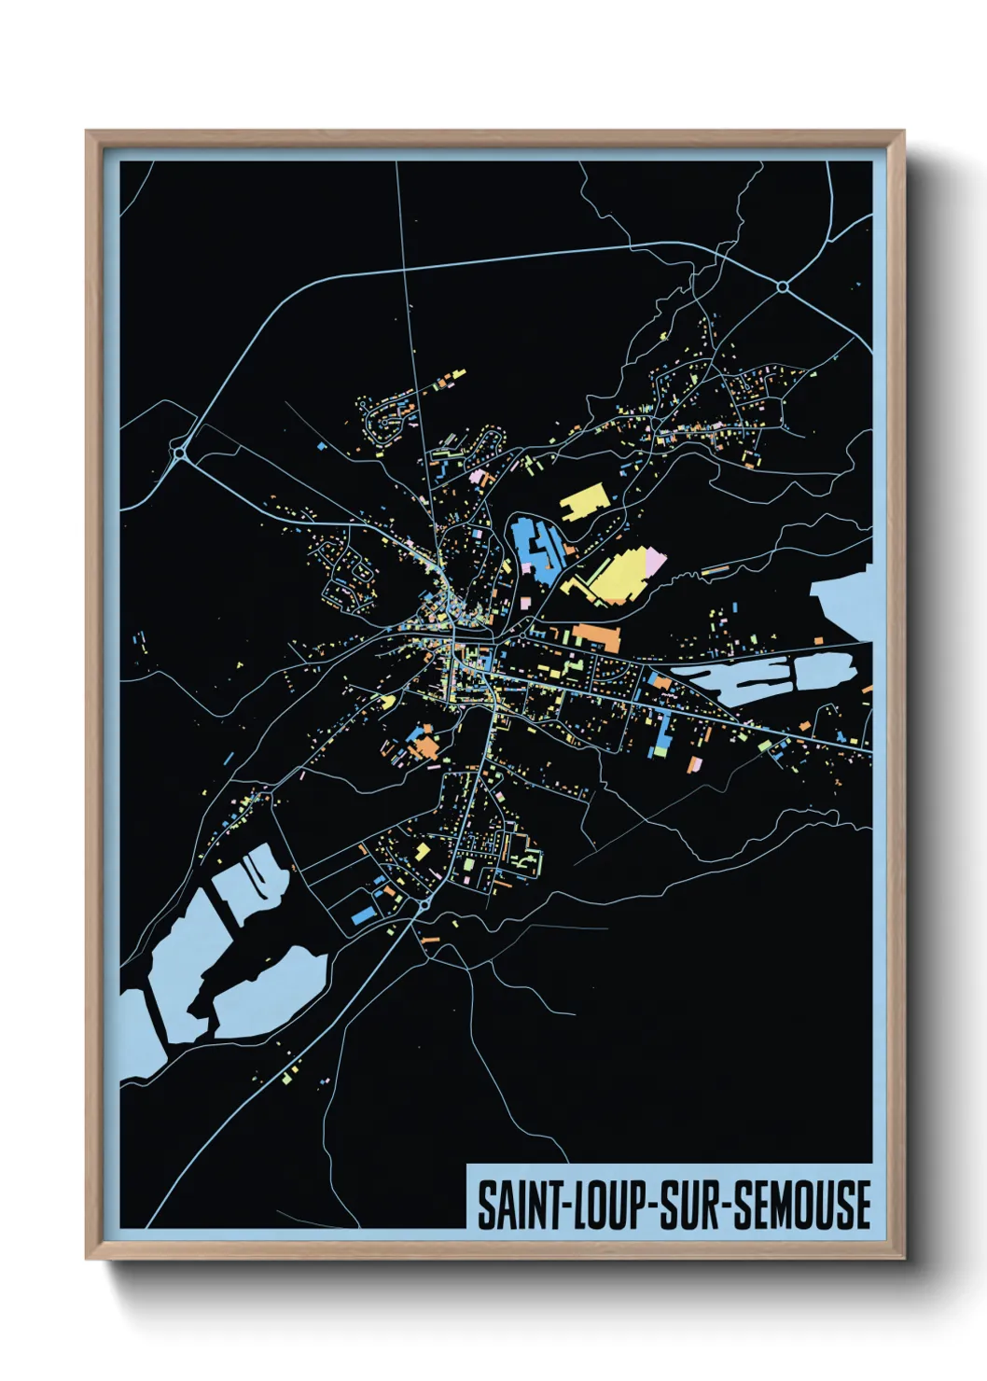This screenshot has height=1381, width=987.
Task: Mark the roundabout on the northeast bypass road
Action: tap(782, 286)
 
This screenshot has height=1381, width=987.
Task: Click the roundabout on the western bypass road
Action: tap(178, 453)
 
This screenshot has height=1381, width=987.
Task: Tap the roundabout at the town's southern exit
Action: tap(424, 904)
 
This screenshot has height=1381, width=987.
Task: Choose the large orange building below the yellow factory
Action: tap(597, 637)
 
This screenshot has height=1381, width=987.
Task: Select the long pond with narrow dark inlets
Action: tap(760, 677)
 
